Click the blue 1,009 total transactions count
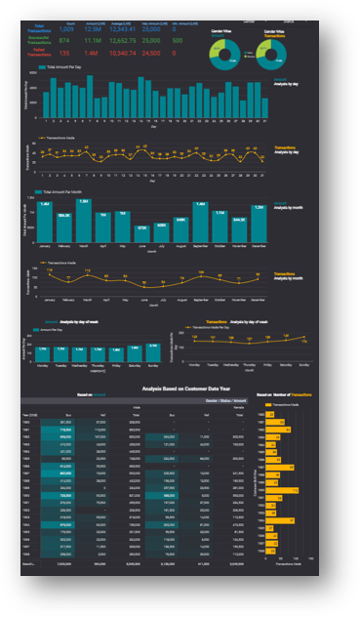67,30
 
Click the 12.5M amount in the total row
93,30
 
